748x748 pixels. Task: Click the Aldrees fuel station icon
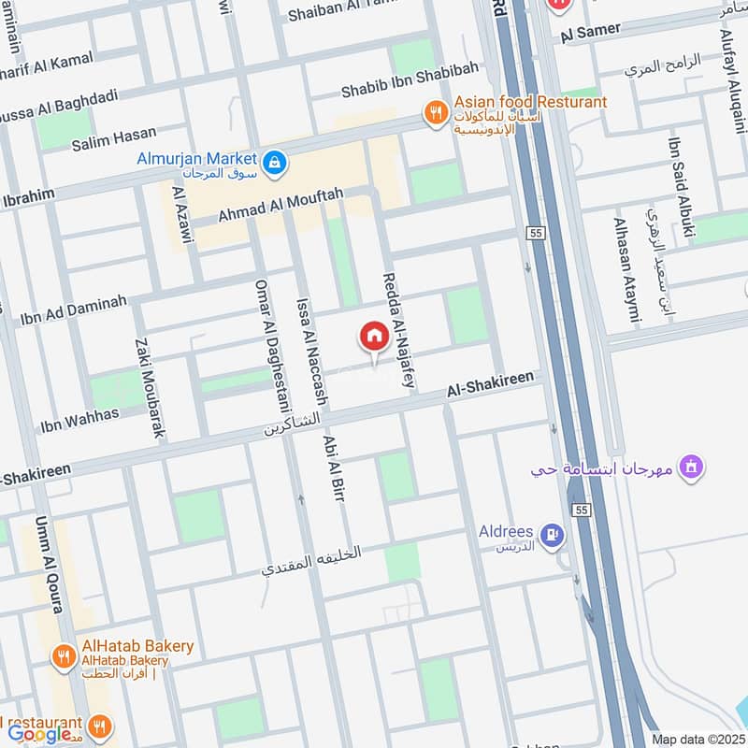point(554,535)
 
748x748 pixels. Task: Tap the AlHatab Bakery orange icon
point(64,656)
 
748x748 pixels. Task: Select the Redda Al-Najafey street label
point(396,332)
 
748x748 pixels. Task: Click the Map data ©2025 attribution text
point(696,739)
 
